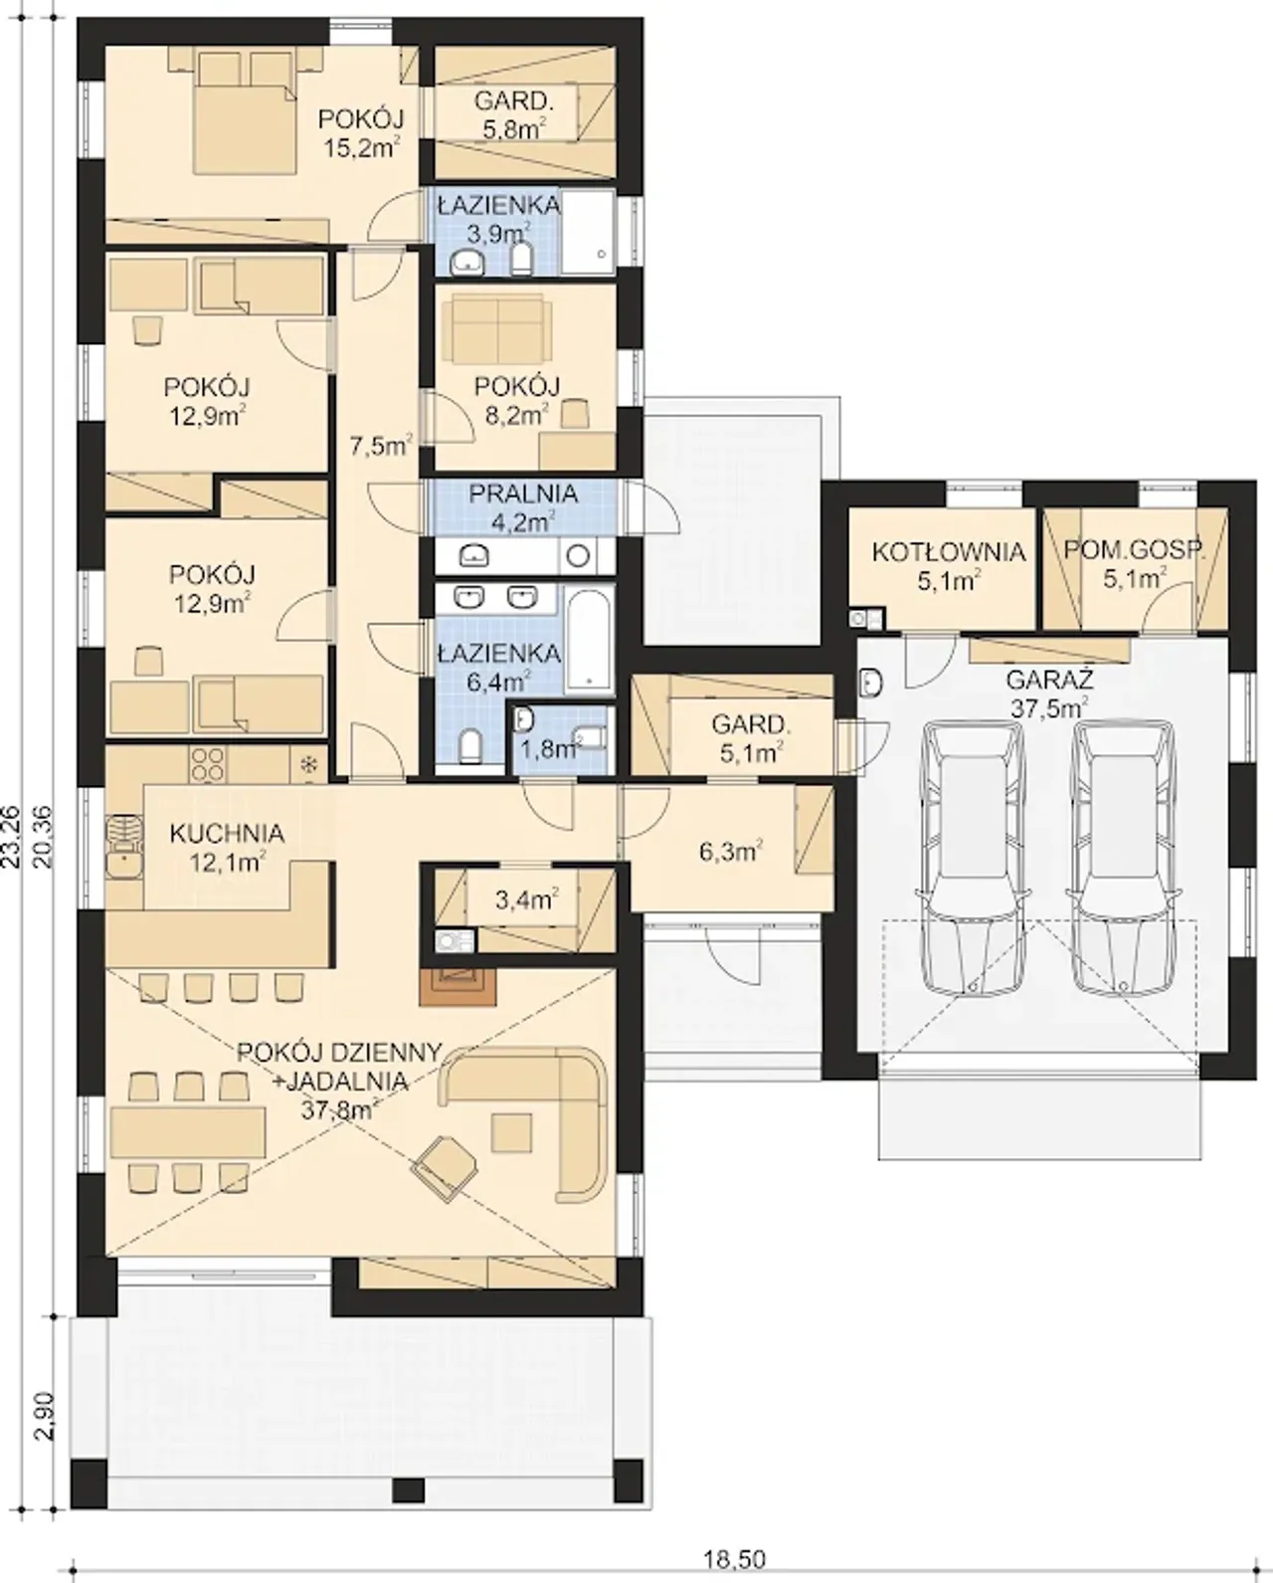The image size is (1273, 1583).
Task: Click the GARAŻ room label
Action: click(x=1049, y=679)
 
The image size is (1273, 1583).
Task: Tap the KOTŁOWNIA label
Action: click(x=948, y=551)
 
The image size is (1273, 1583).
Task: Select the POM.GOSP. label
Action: click(x=1135, y=550)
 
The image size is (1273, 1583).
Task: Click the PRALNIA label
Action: click(x=523, y=494)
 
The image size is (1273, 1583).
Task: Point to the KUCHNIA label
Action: click(x=227, y=834)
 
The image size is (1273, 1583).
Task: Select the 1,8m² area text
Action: click(x=552, y=749)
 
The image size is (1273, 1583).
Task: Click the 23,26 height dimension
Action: click(x=12, y=840)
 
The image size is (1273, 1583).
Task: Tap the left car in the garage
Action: click(x=972, y=859)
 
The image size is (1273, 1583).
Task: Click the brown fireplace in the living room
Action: click(x=458, y=986)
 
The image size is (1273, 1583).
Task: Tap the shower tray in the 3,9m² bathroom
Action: click(x=589, y=233)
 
